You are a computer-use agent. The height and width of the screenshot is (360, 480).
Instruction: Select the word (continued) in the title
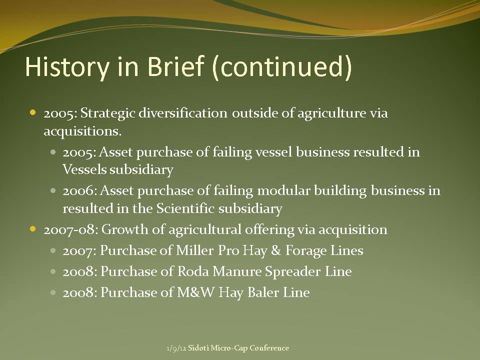[x=281, y=67]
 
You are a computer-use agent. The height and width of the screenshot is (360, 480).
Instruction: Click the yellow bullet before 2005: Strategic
[x=33, y=112]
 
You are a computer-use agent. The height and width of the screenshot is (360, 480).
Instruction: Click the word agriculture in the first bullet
[x=331, y=113]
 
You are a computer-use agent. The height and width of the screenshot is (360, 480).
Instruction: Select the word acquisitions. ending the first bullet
[x=82, y=131]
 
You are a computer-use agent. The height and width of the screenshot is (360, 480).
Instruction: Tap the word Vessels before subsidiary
[x=84, y=169]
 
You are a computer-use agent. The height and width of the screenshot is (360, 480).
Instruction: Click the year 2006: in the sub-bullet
[x=80, y=190]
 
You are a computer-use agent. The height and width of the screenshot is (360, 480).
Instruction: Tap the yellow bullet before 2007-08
[x=33, y=228]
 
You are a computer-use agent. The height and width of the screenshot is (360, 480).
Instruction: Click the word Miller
[x=194, y=250]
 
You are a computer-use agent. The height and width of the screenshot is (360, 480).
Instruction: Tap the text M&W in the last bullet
[x=196, y=292]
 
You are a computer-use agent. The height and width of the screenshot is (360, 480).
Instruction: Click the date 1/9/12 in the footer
[x=176, y=348]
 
